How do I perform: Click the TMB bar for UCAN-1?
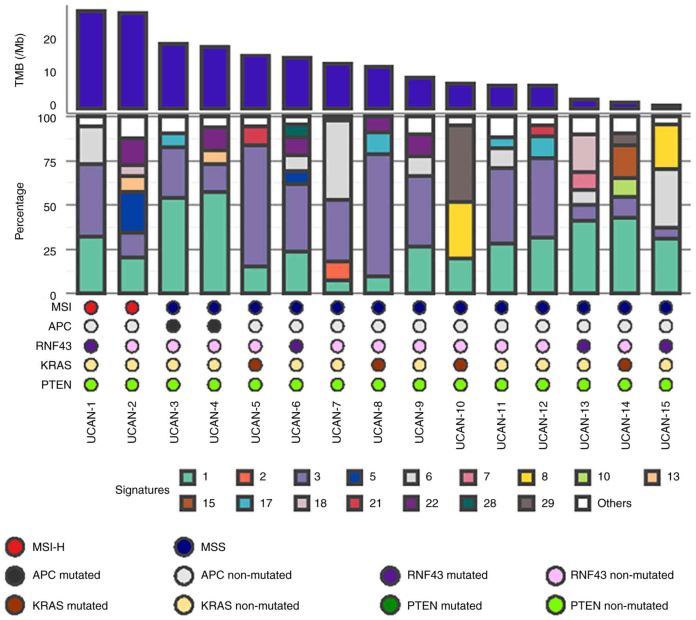pos(91,60)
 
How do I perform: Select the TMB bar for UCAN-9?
pos(420,93)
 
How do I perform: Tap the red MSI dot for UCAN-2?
pos(132,308)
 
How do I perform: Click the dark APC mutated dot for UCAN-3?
pos(173,326)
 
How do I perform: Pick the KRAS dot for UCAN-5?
pos(255,365)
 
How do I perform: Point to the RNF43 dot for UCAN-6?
pos(296,346)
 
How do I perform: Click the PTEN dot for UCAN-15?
pos(666,385)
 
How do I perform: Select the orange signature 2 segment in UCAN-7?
pos(337,271)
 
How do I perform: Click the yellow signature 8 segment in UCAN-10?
pos(461,230)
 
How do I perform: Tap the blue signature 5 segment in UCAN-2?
pos(132,213)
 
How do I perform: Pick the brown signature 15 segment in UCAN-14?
pos(625,162)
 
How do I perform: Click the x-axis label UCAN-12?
pos(543,425)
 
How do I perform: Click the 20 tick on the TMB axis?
pos(50,40)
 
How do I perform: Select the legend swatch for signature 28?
pos(469,503)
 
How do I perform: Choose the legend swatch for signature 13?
pos(652,477)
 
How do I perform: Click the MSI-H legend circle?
pos(15,547)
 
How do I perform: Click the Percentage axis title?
pos(20,211)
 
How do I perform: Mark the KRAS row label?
pos(56,366)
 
